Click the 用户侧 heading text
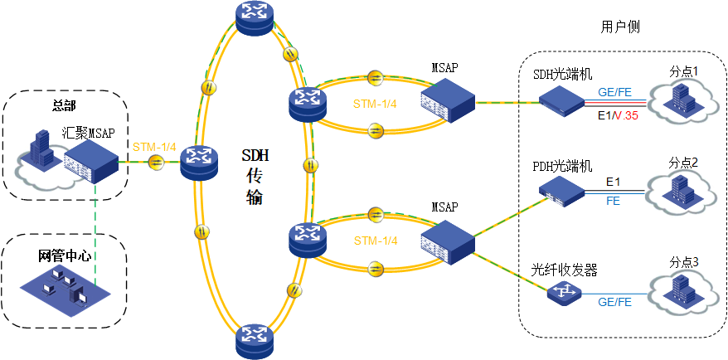coord(620,27)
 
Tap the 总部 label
coord(65,105)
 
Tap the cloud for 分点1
coord(685,101)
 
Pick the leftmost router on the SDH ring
coord(199,160)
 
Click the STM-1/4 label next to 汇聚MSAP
coord(154,147)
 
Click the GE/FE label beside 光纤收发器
coord(614,303)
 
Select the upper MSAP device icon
coord(447,100)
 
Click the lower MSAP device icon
coord(447,240)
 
